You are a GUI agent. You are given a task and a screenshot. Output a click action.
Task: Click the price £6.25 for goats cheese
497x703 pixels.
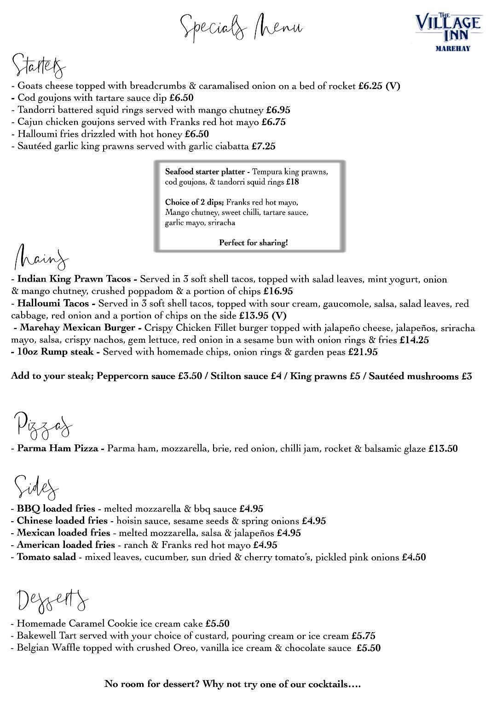[370, 86]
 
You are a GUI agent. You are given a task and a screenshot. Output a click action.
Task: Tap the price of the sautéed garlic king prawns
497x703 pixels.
[263, 146]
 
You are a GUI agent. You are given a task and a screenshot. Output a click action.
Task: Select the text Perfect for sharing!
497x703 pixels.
[253, 242]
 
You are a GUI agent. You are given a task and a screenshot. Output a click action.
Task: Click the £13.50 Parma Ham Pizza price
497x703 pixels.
[443, 449]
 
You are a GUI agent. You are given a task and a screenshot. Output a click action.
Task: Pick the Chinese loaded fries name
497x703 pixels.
[62, 521]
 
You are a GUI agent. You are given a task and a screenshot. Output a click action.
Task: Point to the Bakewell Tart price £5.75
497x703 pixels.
[363, 636]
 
